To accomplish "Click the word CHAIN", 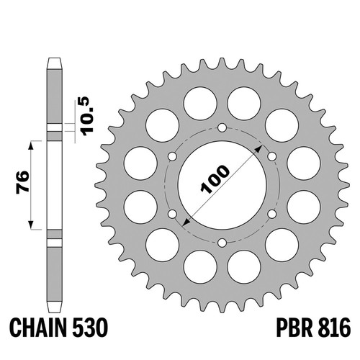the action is (x=38, y=328).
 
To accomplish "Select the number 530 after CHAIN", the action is (x=89, y=328).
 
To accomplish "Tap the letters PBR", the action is (x=295, y=328).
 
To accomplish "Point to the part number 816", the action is (x=335, y=328).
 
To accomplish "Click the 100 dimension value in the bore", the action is (x=215, y=179).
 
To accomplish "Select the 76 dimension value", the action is (x=23, y=182).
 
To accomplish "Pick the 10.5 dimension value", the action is (x=87, y=116).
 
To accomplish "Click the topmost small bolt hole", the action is (x=222, y=127).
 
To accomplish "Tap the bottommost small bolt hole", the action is (x=222, y=243).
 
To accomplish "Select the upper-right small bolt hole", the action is (x=272, y=157).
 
